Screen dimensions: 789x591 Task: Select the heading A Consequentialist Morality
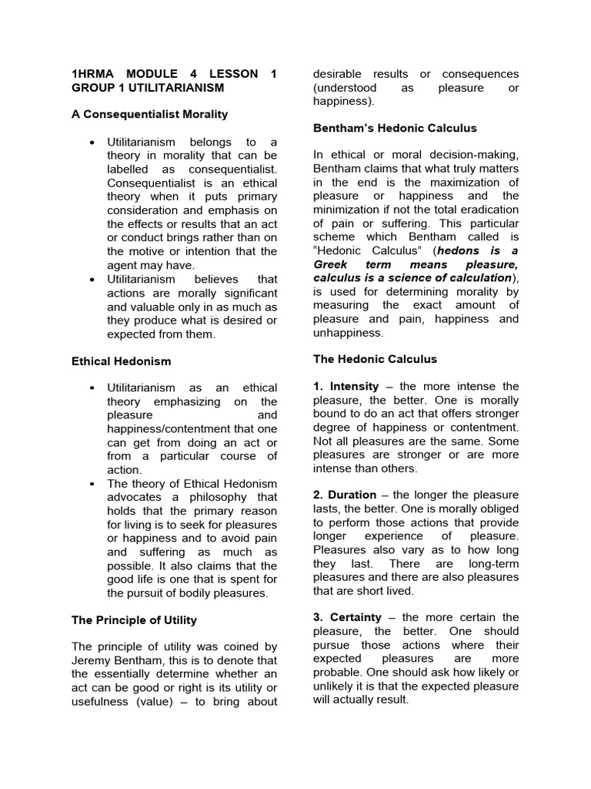pos(149,114)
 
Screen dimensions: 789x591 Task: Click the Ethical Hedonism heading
pos(121,361)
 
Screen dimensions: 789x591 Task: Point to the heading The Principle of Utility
pos(134,619)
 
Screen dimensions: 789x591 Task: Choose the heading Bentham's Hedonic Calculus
pos(395,128)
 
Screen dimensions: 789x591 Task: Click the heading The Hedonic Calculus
pos(375,359)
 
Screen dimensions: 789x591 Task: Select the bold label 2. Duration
pos(345,495)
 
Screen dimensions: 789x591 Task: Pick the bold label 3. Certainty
pos(346,617)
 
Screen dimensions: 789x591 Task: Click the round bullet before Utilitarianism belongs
pos(92,143)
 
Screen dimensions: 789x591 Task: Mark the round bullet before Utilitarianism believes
pos(92,279)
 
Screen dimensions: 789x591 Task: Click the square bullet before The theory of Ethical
pos(92,484)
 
